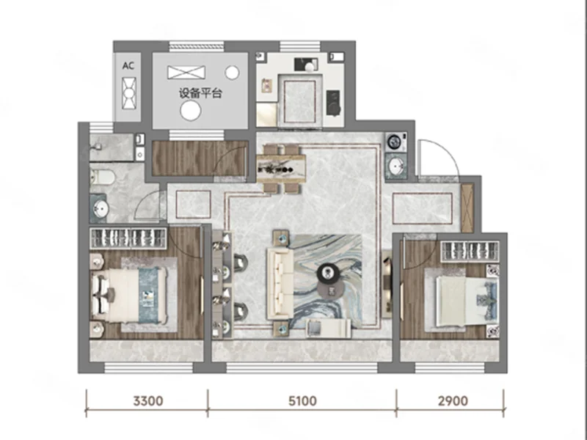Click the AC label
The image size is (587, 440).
click(x=128, y=66)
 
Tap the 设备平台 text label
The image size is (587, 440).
click(x=200, y=93)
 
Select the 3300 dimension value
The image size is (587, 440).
click(x=148, y=401)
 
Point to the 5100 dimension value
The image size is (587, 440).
click(x=302, y=401)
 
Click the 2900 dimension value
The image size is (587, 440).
click(x=453, y=401)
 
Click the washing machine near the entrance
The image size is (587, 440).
click(x=395, y=142)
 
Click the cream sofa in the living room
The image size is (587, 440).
click(x=280, y=284)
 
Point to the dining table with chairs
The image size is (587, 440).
click(x=281, y=169)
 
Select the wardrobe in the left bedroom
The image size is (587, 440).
click(x=128, y=238)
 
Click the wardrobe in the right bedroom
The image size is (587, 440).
click(x=470, y=252)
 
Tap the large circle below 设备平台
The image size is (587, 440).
click(x=191, y=111)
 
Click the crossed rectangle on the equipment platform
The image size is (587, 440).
click(x=186, y=72)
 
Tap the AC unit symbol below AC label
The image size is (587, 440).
click(x=129, y=93)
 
